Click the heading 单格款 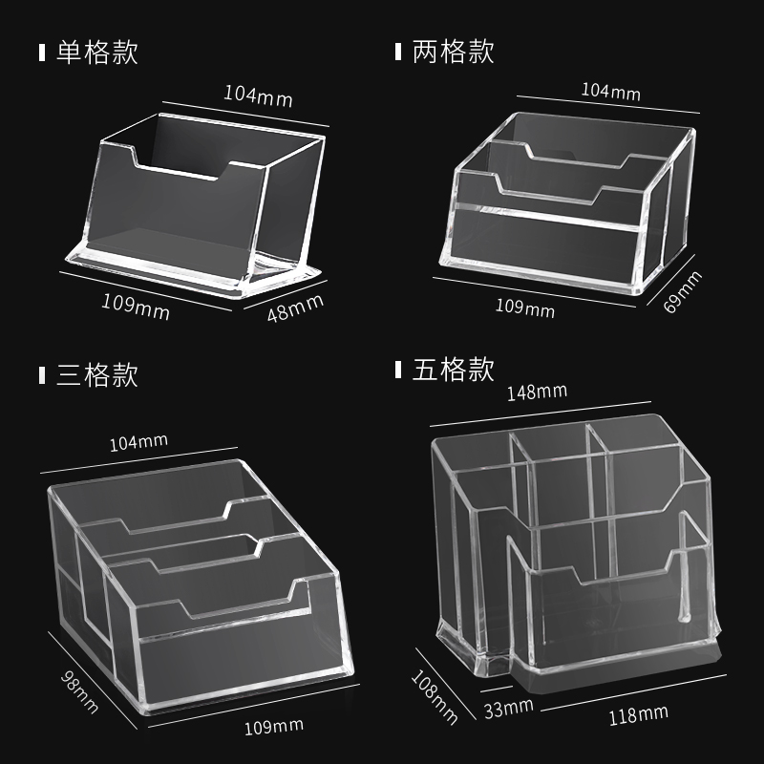tap(97, 52)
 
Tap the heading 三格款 tap(97, 374)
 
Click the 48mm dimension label tap(295, 308)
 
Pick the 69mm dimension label tap(687, 293)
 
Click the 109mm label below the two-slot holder tap(524, 308)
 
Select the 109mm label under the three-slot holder tap(273, 729)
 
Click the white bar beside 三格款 tap(41, 374)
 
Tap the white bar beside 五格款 tap(398, 370)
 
